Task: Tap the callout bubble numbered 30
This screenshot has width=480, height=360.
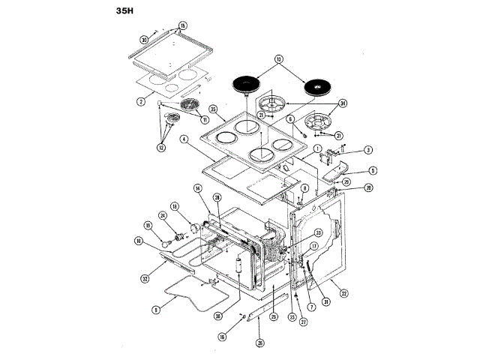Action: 144,40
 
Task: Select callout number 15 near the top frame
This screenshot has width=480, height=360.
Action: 182,26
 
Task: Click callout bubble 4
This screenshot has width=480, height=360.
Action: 184,139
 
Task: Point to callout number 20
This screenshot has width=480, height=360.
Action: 368,189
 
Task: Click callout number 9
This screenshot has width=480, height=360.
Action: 155,308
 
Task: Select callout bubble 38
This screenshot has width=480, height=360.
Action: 217,316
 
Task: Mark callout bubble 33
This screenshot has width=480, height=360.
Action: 318,232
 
